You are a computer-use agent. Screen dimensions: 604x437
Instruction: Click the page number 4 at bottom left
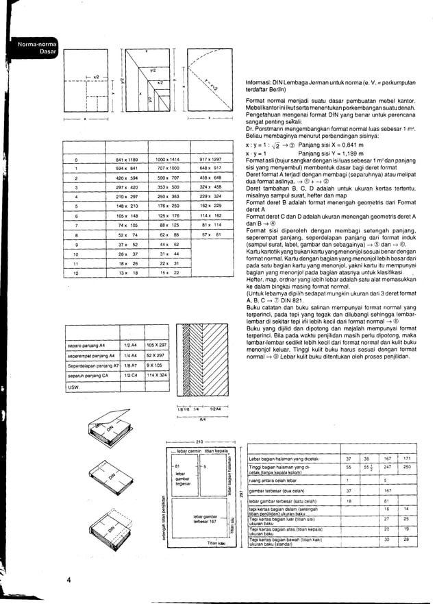pyautogui.click(x=69, y=580)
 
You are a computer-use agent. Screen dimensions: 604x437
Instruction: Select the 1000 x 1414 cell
pyautogui.click(x=167, y=159)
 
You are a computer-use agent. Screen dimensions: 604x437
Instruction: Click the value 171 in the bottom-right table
pyautogui.click(x=407, y=458)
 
